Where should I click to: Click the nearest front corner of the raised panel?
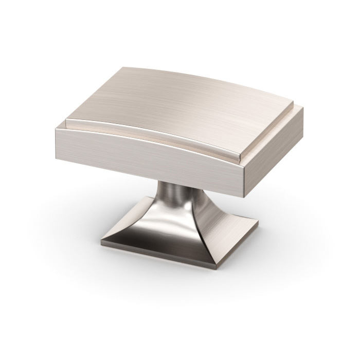click(239, 154)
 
